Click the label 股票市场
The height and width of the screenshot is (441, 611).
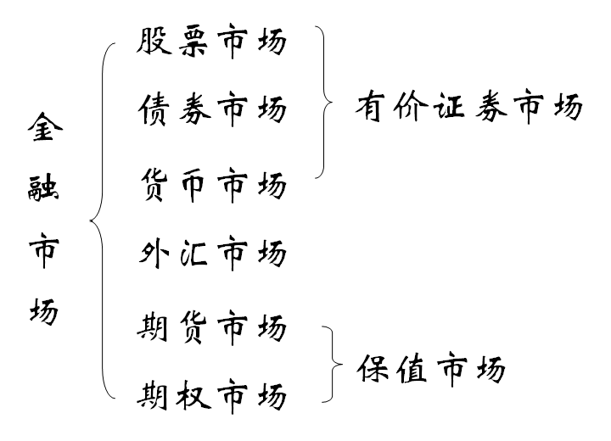point(211,42)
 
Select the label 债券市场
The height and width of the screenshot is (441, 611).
point(211,109)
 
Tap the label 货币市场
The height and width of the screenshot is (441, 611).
point(211,183)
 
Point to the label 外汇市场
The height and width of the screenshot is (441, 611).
point(211,254)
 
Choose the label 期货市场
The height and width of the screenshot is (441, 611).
point(211,327)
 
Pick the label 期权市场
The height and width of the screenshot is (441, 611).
point(211,395)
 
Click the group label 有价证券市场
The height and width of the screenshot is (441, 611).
point(469,108)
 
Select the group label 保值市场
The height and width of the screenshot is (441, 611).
point(431,369)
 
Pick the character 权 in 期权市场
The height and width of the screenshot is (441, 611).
point(194,395)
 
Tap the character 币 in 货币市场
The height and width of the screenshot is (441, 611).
point(194,183)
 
